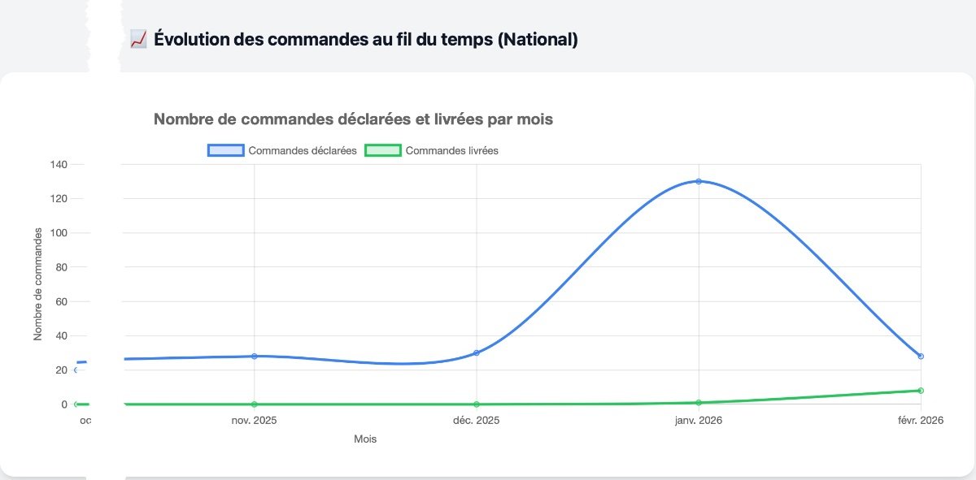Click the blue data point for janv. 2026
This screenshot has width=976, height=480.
coord(699,181)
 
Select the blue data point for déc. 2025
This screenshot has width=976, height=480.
coord(477,352)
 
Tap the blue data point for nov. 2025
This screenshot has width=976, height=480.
coord(255,356)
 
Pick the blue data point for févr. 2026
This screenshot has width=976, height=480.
coord(921,356)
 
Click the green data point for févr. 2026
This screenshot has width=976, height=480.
coord(921,391)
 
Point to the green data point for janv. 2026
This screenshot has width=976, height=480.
coord(699,403)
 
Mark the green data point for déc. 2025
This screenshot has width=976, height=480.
coord(477,404)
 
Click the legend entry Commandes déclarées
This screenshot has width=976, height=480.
coord(282,150)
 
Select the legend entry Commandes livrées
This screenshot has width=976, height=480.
coord(431,150)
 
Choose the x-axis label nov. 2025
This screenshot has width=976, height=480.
coord(255,420)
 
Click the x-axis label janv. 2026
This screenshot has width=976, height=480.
coord(699,420)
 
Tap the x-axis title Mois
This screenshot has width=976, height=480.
coord(365,439)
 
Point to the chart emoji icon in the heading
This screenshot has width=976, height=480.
coord(137,39)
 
